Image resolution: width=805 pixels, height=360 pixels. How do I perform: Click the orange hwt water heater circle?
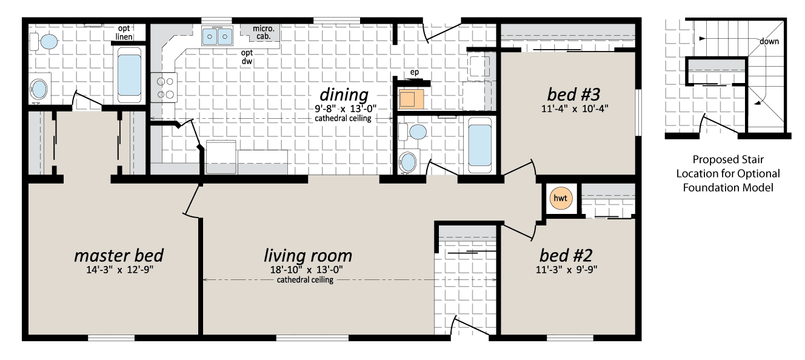561,198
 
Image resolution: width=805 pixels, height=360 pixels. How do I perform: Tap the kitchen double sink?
217,36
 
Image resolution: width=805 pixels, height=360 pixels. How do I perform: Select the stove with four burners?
164,88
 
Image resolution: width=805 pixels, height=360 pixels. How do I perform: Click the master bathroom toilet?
44,42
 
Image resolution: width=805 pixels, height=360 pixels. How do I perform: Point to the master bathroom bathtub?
129,75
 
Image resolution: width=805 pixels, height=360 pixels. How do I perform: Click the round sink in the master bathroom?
38,89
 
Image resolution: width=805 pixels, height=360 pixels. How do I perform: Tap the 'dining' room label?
344,95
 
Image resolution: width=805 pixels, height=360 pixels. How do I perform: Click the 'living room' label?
308,256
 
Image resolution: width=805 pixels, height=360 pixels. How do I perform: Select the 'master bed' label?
119,255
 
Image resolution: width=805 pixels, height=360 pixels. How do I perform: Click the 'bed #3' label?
573,95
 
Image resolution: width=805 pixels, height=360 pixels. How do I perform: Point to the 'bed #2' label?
566,255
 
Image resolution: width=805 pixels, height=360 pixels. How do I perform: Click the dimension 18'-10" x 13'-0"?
307,270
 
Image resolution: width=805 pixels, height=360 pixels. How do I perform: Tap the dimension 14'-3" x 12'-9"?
119,270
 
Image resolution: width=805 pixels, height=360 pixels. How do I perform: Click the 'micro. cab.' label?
264,32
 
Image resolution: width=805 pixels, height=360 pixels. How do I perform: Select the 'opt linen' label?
124,33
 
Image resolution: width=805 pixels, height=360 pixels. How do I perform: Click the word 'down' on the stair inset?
769,41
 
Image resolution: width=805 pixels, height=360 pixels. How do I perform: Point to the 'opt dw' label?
247,57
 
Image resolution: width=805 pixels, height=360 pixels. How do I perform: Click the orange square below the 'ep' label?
411,99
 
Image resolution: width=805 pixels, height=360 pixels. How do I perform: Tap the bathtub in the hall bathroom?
479,145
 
